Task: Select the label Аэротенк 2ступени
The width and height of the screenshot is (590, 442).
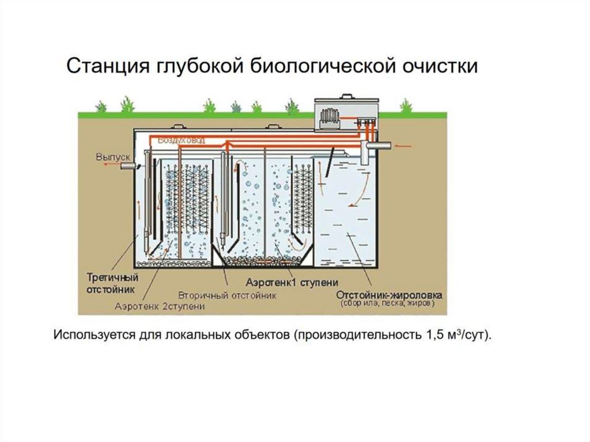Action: coord(160,305)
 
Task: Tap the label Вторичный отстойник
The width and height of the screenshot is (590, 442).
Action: coord(227,294)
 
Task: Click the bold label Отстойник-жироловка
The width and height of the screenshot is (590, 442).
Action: coord(389,294)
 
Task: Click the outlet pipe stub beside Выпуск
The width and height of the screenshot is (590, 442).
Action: coord(128,165)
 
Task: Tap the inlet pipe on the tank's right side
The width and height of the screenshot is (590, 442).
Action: coord(382,147)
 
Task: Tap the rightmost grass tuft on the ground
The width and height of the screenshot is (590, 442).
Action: coord(406,106)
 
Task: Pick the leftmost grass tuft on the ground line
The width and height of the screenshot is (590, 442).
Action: coord(101,107)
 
